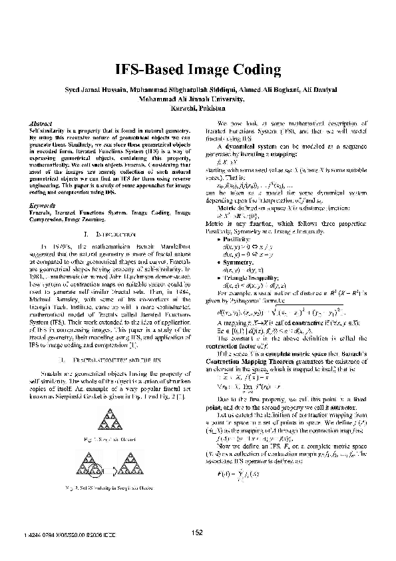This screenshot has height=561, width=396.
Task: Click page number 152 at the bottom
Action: point(197,532)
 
